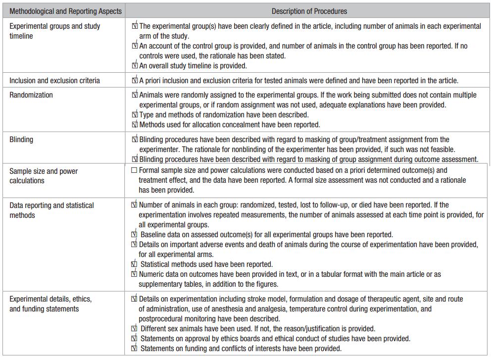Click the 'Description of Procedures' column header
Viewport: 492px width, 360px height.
309,11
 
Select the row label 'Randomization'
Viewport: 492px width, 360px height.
31,95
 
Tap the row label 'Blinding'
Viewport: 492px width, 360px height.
21,140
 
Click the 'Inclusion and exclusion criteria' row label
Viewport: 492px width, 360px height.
54,80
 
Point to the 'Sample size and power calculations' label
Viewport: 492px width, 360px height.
44,176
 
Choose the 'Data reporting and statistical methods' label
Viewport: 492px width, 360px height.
51,210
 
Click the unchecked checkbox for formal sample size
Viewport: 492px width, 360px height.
134,170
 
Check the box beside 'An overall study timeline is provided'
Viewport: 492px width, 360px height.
135,65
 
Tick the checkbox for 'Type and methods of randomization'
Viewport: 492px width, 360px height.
135,115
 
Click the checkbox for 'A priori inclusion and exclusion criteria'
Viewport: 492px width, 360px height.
135,80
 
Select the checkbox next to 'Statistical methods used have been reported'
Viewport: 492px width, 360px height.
135,264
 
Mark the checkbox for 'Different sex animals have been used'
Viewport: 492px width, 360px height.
135,328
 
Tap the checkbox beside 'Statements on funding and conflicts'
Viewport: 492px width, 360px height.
135,348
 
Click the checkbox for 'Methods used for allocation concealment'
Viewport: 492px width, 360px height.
135,125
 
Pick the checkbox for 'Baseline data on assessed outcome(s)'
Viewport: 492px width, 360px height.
135,234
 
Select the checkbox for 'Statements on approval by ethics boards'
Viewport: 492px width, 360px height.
135,338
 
